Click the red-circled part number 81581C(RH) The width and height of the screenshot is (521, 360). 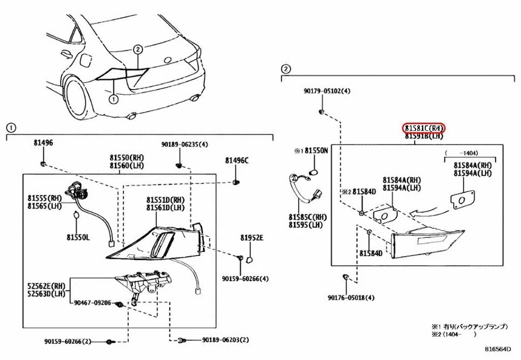coord(424,128)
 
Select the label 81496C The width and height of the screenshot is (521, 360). coord(237,160)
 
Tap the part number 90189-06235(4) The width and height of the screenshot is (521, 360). coord(185,144)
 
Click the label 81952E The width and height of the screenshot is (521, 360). coord(252,238)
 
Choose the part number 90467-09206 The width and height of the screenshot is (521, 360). coord(93,303)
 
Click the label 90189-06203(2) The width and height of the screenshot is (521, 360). coord(226,340)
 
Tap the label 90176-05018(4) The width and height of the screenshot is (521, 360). coord(351,298)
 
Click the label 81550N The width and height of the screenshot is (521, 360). coord(316,150)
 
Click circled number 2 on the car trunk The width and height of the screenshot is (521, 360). coord(138,49)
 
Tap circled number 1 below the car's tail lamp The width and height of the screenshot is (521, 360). coord(113,99)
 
